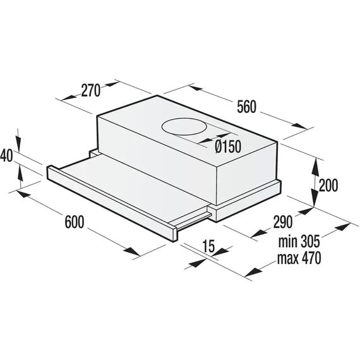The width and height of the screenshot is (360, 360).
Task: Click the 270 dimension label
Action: (91, 90)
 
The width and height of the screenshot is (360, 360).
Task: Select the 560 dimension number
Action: (246, 107)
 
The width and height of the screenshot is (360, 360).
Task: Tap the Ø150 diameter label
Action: (228, 146)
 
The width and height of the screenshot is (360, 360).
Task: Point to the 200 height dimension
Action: (328, 185)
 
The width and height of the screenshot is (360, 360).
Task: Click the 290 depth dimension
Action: (283, 222)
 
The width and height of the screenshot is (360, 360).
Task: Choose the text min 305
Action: (299, 241)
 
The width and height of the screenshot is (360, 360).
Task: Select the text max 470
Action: (299, 258)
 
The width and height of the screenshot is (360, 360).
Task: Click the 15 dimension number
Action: (208, 246)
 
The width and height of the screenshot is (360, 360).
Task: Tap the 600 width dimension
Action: (75, 222)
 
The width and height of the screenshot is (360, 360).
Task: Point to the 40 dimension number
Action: (6, 155)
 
